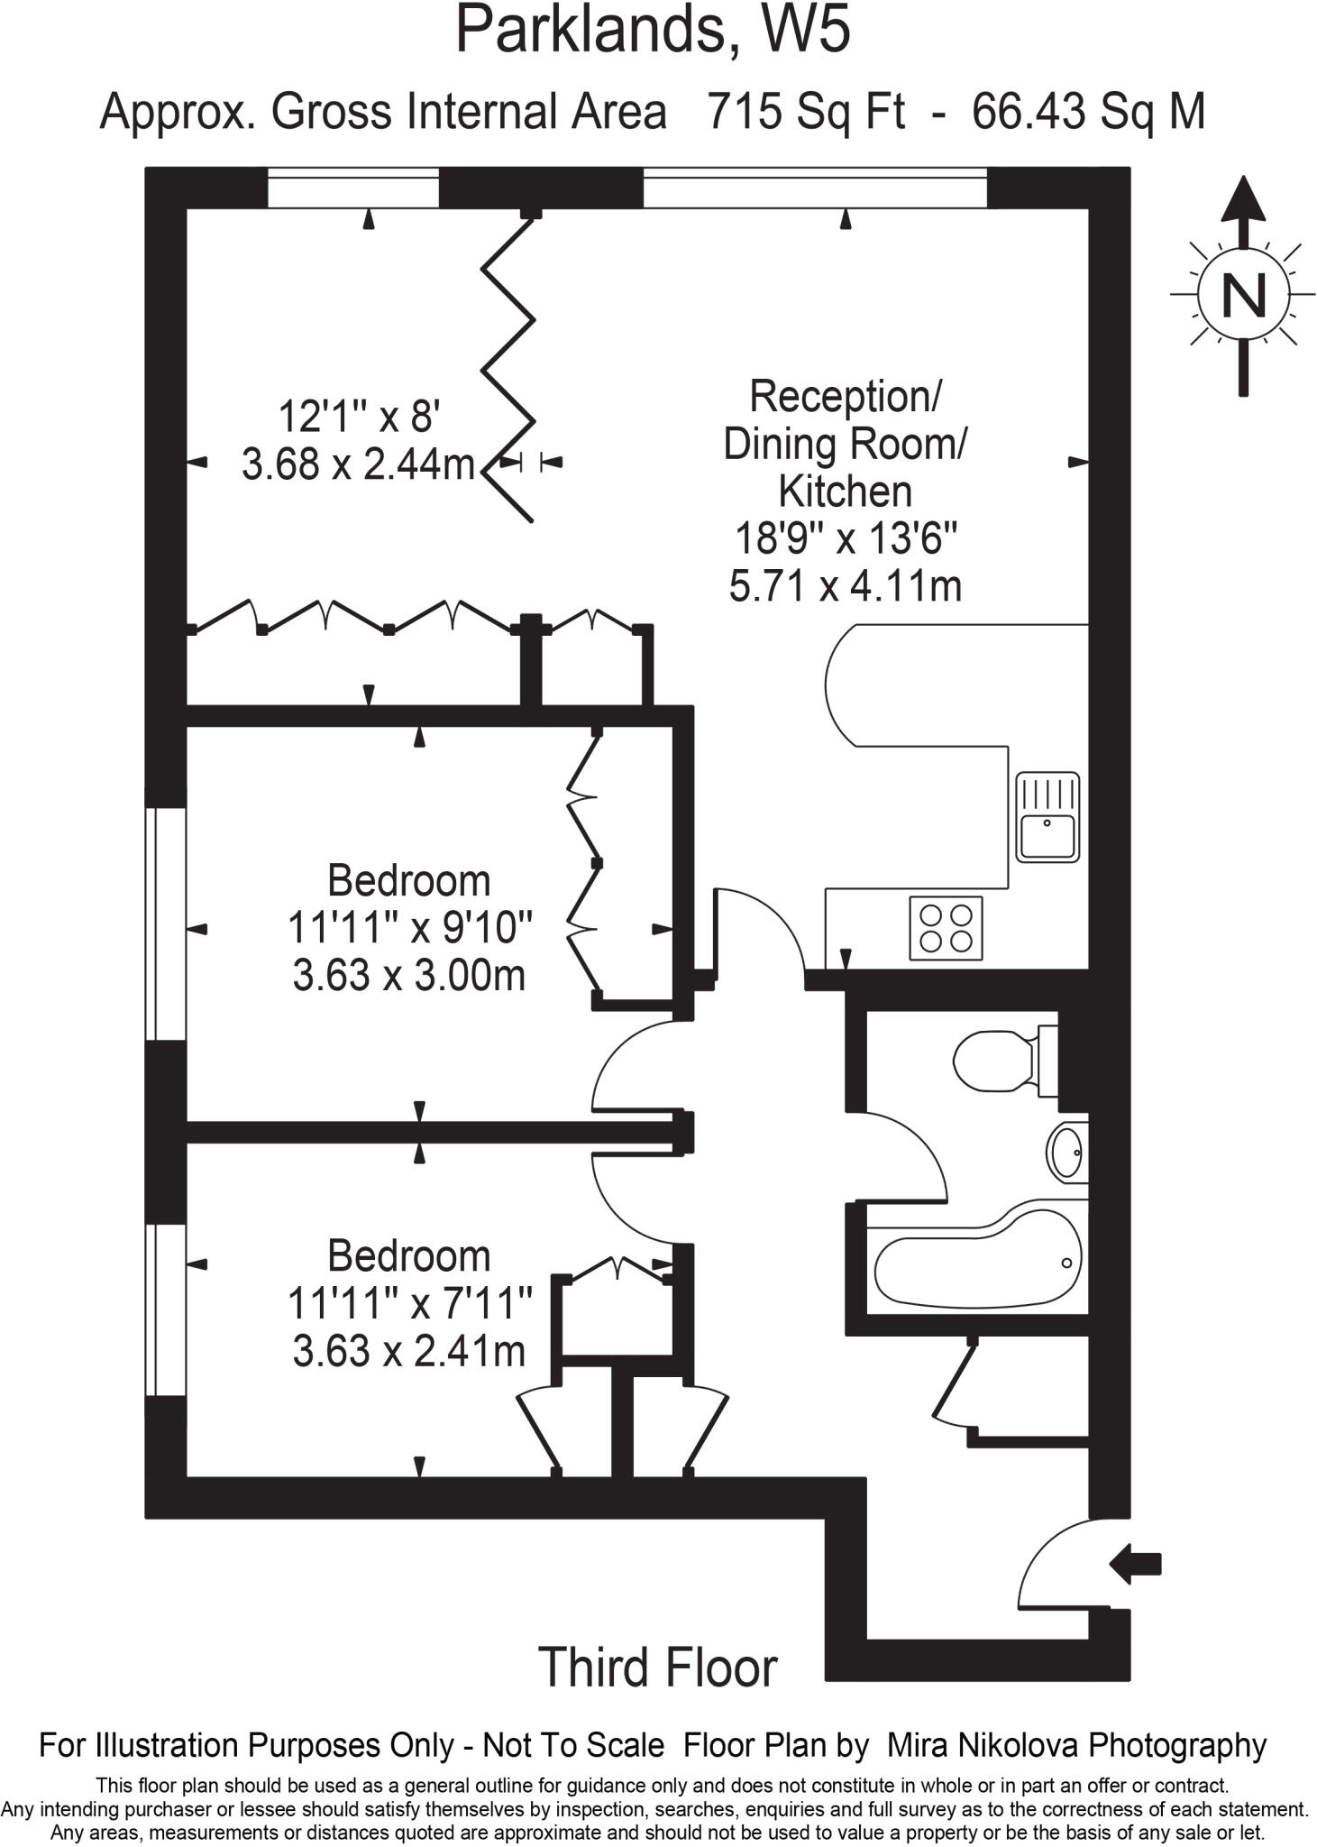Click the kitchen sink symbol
[1047, 817]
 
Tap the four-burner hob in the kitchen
[946, 928]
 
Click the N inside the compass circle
[1243, 294]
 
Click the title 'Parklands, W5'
[653, 31]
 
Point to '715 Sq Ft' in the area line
[806, 113]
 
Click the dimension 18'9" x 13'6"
[846, 539]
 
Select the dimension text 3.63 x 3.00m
[408, 975]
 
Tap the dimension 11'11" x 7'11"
[410, 1303]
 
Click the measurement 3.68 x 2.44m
[358, 464]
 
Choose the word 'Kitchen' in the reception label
[845, 492]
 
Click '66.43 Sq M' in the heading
[1089, 113]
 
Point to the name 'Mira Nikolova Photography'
[1076, 1745]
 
